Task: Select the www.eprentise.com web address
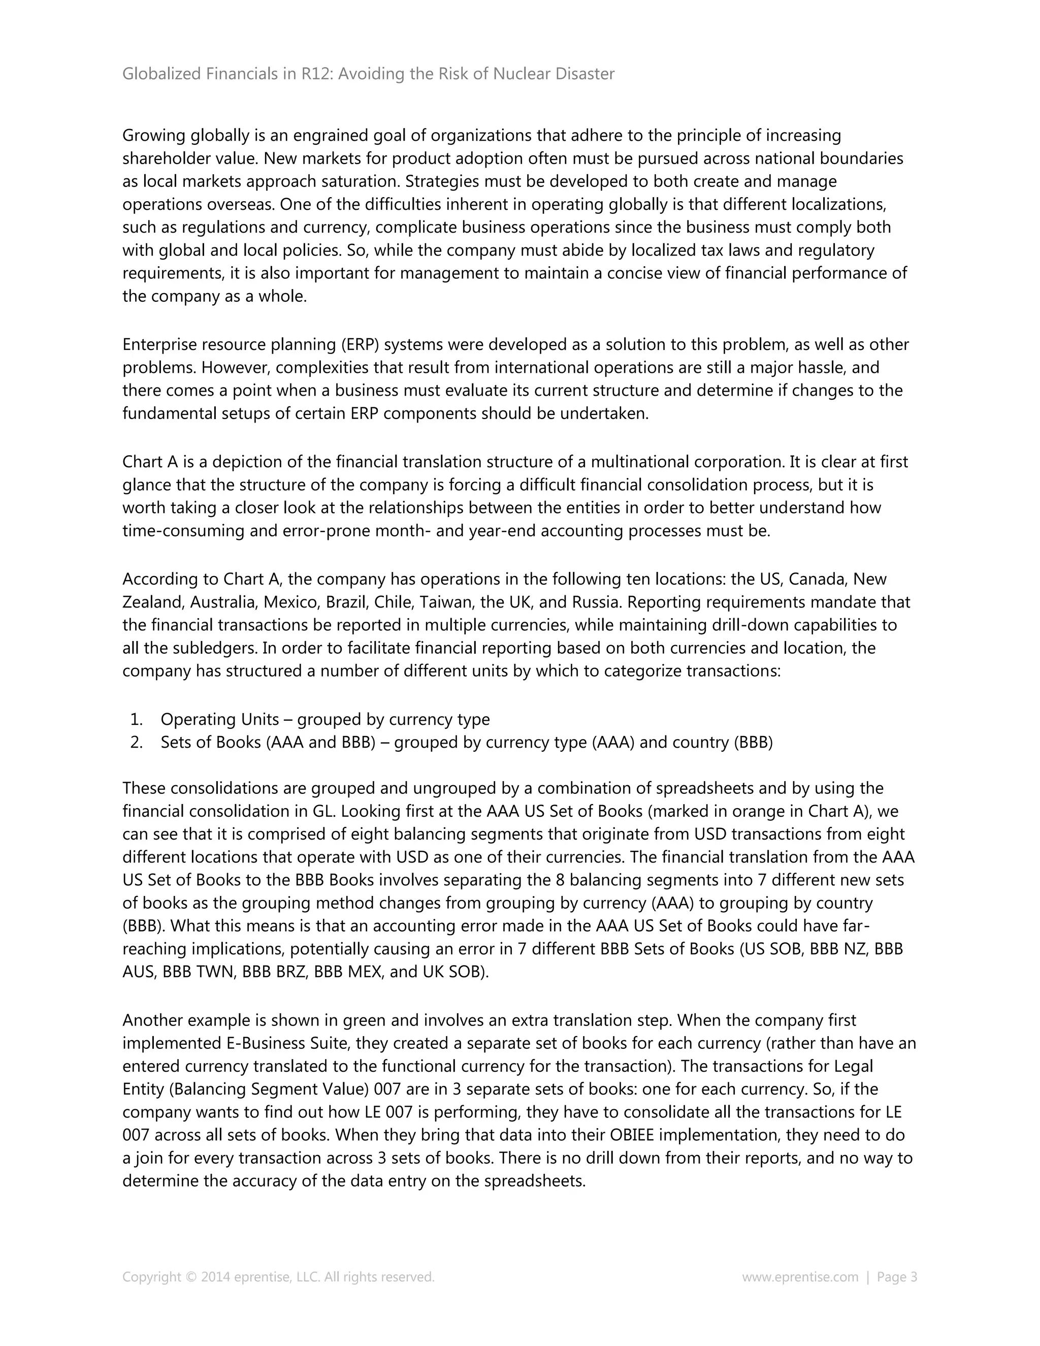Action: click(x=800, y=1276)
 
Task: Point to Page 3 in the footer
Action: click(x=897, y=1276)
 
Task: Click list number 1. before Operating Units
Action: click(x=137, y=719)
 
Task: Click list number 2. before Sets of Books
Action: click(x=137, y=742)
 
